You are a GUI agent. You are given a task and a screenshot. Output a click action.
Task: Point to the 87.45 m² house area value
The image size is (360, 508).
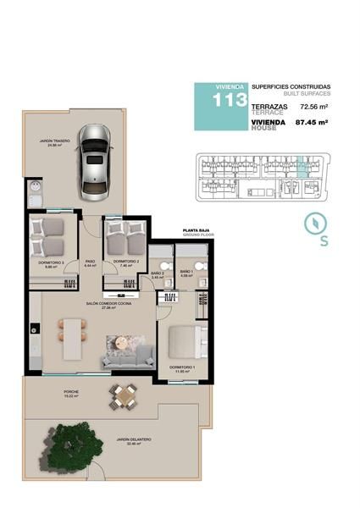coord(311,123)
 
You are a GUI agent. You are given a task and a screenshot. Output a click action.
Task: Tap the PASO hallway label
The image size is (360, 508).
coord(90,262)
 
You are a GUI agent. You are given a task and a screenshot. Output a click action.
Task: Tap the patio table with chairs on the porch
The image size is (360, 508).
coord(125,394)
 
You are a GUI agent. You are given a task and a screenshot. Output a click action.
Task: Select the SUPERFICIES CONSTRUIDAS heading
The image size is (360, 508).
coord(290,86)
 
